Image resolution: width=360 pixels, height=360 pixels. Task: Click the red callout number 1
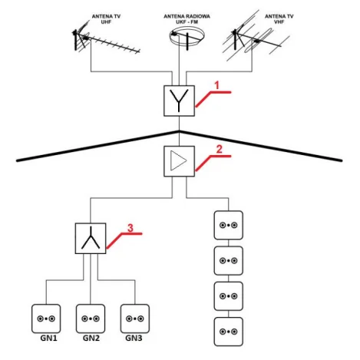click(217, 85)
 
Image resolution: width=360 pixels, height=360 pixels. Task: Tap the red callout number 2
click(220, 150)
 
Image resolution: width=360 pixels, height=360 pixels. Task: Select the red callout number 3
click(130, 228)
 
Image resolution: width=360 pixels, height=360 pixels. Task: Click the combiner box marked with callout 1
click(179, 101)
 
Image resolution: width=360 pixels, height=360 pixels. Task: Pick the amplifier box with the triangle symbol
click(179, 161)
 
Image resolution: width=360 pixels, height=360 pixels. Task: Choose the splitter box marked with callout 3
click(91, 238)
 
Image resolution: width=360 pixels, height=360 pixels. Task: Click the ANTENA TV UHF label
click(106, 19)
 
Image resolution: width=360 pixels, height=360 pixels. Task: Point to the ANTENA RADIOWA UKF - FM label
click(187, 19)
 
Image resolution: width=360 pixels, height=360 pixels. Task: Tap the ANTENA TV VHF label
click(279, 19)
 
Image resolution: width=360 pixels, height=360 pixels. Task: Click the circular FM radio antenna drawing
click(187, 38)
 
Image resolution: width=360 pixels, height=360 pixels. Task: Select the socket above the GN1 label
click(46, 319)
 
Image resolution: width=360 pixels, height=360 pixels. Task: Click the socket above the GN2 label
click(91, 319)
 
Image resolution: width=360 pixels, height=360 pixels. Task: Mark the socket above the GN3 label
click(135, 319)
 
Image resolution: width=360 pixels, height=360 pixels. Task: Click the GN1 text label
click(48, 339)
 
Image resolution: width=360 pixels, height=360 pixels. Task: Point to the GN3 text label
click(134, 339)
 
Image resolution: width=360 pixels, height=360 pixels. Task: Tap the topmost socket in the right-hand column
click(229, 225)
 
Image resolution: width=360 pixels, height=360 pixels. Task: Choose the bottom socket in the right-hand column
click(229, 332)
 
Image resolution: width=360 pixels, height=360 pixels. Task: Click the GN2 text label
click(91, 339)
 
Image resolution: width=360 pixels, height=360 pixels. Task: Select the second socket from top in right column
click(229, 261)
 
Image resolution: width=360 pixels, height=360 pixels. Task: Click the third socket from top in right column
click(229, 296)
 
